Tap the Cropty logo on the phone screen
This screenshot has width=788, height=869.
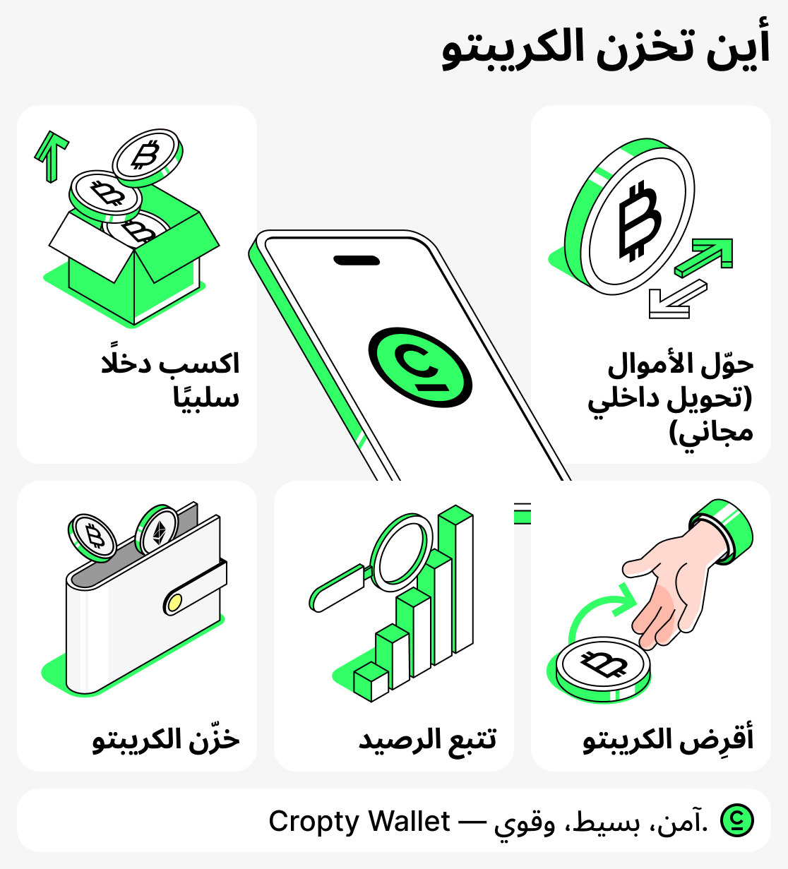click(x=419, y=366)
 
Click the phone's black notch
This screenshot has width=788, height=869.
click(x=357, y=260)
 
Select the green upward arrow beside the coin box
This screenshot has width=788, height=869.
click(x=52, y=154)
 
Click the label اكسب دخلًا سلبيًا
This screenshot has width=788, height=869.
click(x=171, y=380)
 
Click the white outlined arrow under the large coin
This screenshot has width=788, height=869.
click(x=676, y=300)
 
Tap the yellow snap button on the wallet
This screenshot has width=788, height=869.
click(x=173, y=602)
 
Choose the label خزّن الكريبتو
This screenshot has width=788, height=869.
click(x=166, y=739)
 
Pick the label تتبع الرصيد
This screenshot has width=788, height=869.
click(x=427, y=739)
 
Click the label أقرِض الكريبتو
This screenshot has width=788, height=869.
click(x=668, y=739)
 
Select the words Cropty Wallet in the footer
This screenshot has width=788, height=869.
click(x=359, y=821)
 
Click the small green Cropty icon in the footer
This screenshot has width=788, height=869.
click(x=736, y=820)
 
